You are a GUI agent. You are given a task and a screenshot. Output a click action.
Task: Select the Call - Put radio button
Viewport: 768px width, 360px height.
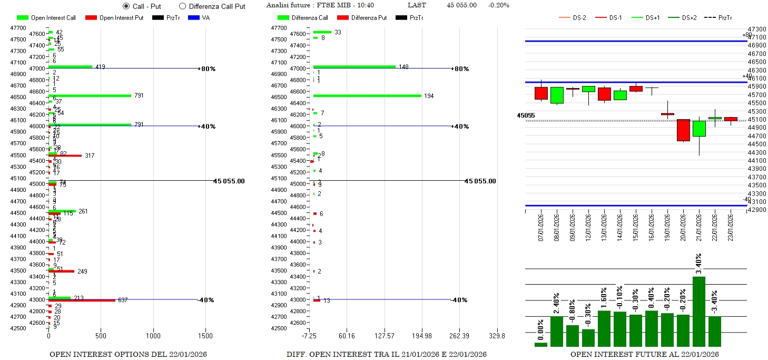pyautogui.click(x=126, y=6)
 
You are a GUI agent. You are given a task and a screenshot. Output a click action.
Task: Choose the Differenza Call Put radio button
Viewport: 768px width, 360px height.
pyautogui.click(x=183, y=6)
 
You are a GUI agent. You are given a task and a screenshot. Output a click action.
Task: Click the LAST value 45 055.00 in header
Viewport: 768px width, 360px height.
pyautogui.click(x=461, y=5)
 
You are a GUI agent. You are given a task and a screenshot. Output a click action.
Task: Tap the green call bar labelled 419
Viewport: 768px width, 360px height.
pyautogui.click(x=70, y=67)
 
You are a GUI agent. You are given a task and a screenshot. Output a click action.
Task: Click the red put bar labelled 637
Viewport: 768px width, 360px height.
pyautogui.click(x=82, y=300)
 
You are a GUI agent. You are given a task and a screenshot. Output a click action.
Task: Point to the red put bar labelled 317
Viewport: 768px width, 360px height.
pyautogui.click(x=65, y=155)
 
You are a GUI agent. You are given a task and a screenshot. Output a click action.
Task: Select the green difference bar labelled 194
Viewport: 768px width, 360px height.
pyautogui.click(x=367, y=95)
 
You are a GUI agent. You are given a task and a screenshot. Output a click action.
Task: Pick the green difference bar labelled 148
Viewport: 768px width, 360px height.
pyautogui.click(x=355, y=66)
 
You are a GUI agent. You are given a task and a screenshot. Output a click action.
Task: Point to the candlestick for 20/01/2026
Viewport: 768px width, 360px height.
pyautogui.click(x=683, y=130)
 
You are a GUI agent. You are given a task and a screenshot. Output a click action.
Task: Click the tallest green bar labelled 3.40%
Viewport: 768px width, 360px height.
pyautogui.click(x=699, y=311)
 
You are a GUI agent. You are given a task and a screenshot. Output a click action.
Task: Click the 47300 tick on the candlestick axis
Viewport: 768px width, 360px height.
pyautogui.click(x=757, y=29)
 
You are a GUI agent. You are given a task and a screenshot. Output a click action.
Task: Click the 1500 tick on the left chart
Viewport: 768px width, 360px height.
pyautogui.click(x=205, y=336)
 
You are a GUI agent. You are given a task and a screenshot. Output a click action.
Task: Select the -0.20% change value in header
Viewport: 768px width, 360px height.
pyautogui.click(x=498, y=5)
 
